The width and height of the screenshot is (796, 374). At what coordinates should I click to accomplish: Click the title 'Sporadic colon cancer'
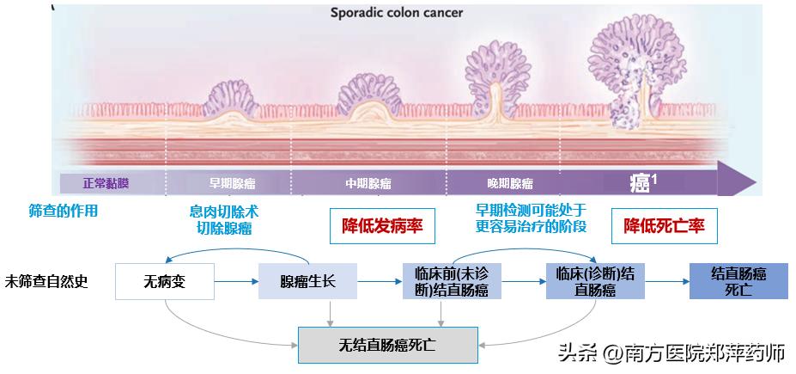click(398, 14)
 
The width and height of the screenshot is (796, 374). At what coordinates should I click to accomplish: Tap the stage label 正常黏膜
click(106, 183)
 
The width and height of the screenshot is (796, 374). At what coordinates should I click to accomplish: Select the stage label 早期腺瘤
click(232, 183)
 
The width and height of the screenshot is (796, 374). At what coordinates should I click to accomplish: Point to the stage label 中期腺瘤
click(368, 183)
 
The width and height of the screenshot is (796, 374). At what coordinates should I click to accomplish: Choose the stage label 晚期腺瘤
click(509, 183)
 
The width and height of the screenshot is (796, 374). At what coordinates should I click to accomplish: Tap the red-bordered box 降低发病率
click(382, 226)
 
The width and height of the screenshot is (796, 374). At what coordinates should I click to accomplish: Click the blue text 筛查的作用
click(64, 211)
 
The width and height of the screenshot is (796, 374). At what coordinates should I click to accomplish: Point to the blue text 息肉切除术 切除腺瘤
click(224, 219)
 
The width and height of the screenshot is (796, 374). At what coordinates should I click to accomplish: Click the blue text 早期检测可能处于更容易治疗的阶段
click(532, 218)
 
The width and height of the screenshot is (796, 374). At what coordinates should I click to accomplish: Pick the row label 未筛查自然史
click(46, 280)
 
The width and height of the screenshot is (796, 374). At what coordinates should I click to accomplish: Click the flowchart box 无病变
click(164, 281)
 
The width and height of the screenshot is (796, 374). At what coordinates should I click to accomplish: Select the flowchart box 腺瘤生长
click(308, 281)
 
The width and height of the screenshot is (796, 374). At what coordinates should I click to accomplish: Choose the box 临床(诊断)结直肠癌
click(595, 281)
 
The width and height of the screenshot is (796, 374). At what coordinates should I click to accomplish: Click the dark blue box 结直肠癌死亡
click(738, 280)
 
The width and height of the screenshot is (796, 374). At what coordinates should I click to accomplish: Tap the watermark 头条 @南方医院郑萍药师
click(672, 353)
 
